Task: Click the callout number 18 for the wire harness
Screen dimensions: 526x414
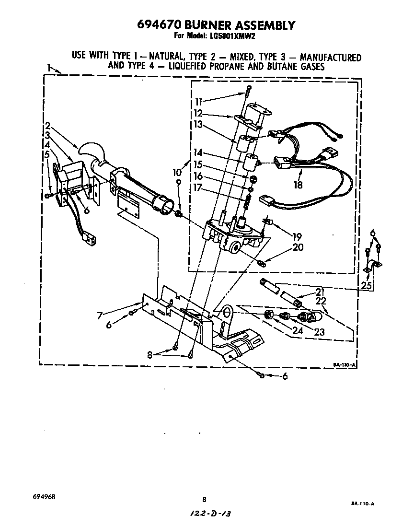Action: coord(298,184)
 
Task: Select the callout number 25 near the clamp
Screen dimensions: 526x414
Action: coord(367,286)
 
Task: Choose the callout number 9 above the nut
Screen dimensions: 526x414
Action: coord(178,182)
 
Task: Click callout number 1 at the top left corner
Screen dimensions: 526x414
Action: coord(49,68)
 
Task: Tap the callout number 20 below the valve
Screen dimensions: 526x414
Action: coord(297,247)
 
